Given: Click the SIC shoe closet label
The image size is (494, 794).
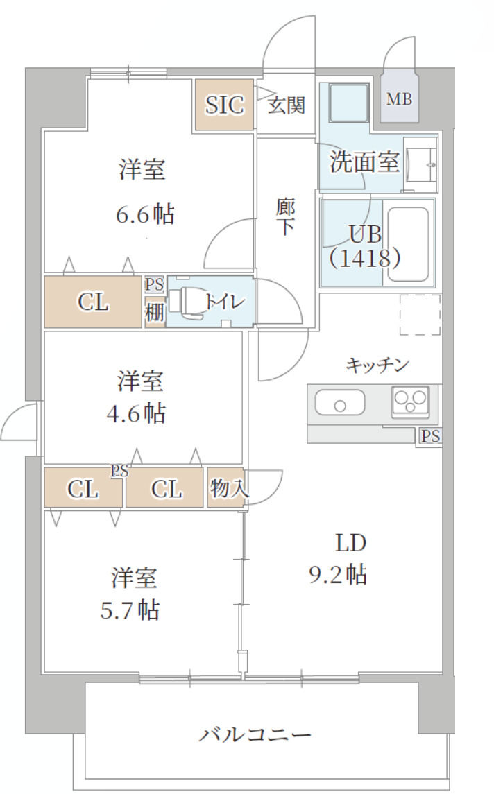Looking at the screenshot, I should click(x=224, y=105).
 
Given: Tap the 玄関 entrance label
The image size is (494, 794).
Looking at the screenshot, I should click(x=287, y=105).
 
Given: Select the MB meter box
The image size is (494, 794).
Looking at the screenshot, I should click(x=399, y=99).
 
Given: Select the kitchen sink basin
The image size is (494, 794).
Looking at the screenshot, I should click(x=339, y=402).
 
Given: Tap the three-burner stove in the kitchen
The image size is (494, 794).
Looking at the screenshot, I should click(x=410, y=401).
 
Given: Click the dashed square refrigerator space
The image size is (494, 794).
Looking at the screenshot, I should click(x=420, y=314).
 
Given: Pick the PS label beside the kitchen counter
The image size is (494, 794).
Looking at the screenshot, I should click(x=430, y=437).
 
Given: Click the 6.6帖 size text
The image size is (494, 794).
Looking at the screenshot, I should click(x=144, y=214).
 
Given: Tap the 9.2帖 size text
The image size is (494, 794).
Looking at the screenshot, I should click(x=338, y=574).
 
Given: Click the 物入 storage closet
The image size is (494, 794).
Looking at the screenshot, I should click(x=227, y=488).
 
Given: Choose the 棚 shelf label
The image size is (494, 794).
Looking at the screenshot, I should click(x=154, y=313).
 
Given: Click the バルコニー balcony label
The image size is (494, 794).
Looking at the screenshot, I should click(x=255, y=734).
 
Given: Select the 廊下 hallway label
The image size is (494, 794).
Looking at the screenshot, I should click(x=285, y=217).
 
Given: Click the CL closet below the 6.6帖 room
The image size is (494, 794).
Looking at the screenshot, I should click(x=93, y=302).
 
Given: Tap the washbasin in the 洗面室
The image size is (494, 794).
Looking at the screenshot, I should click(x=421, y=164).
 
